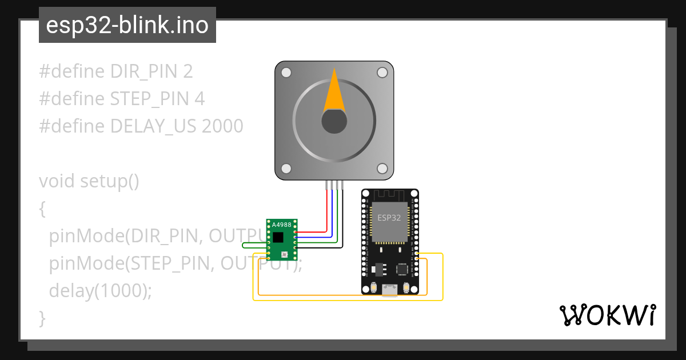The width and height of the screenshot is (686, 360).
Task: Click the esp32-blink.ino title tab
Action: point(127,26)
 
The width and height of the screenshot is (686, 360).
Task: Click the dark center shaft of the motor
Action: point(334,121)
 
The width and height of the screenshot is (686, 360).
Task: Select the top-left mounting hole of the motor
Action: point(286,73)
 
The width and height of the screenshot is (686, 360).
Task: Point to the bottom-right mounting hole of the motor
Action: point(382,169)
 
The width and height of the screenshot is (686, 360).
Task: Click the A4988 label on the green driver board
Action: point(281,225)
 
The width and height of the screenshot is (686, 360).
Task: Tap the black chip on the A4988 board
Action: point(278,237)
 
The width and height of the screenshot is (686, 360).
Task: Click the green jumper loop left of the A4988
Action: point(252,246)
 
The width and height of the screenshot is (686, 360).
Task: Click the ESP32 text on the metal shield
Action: point(389,218)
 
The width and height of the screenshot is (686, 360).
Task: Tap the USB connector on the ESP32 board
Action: point(390,290)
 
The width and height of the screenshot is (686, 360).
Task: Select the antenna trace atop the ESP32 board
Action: point(390,195)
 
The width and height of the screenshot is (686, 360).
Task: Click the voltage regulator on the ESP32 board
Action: point(378,268)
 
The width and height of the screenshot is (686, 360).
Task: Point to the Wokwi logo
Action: point(607,315)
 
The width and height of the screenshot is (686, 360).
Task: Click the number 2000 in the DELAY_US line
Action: point(222,126)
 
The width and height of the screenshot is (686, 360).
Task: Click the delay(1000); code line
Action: point(101,291)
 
